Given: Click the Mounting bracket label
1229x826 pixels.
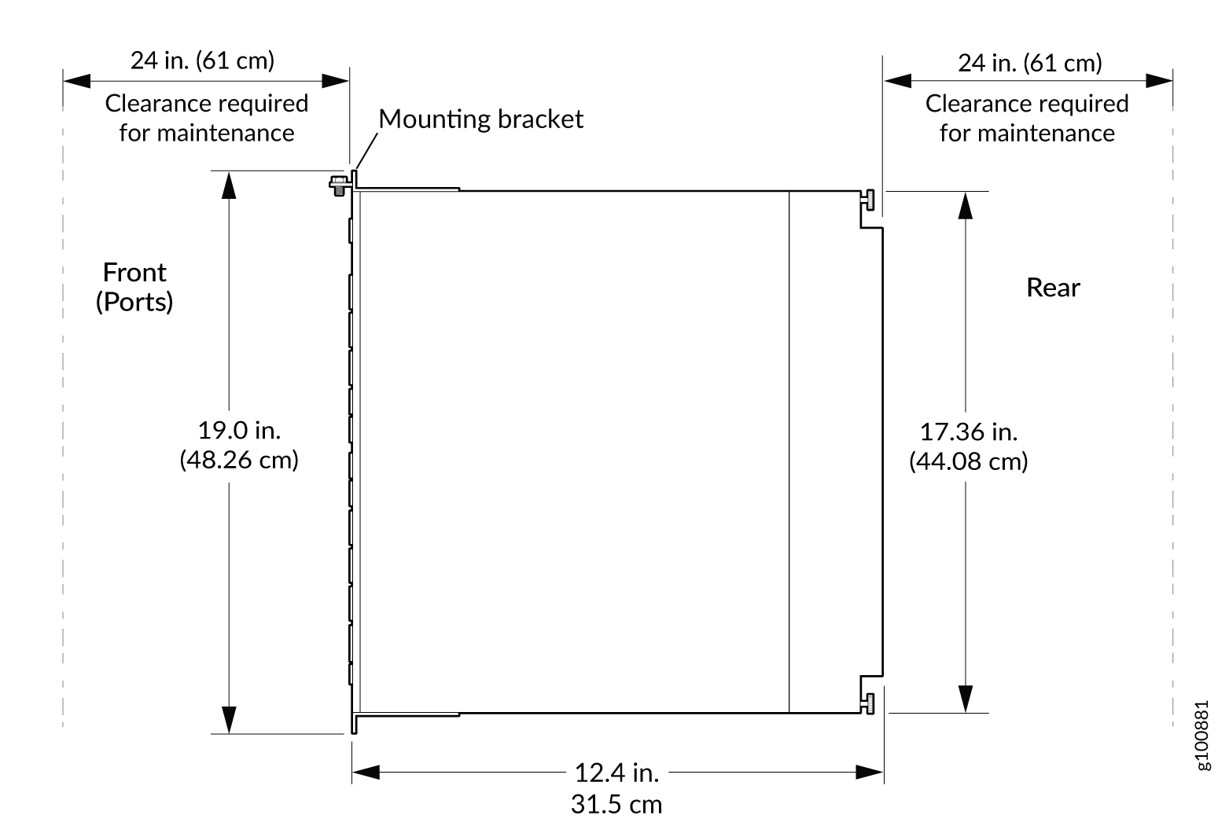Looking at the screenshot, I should tap(480, 119).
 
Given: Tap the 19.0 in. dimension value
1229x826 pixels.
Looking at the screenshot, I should tap(239, 430).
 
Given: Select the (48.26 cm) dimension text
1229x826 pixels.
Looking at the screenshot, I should tap(239, 459).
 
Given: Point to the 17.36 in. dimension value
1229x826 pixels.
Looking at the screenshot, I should tap(968, 431).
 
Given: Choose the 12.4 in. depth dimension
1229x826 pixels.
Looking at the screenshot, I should tap(616, 773).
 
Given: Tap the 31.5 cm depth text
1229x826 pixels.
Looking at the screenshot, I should tap(616, 804).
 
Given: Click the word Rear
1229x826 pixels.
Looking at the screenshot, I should tap(1053, 288).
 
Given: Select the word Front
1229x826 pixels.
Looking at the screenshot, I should tap(134, 273).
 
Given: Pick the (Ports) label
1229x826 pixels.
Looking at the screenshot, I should tap(134, 302).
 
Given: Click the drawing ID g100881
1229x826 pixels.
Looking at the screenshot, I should tap(1203, 736).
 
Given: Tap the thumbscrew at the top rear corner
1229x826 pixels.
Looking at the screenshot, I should tap(869, 200).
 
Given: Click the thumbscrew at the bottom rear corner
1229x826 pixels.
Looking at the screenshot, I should tap(869, 704).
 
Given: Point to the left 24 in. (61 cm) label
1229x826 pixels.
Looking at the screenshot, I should tap(202, 61).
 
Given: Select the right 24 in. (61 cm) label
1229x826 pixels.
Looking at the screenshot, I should tap(1029, 63).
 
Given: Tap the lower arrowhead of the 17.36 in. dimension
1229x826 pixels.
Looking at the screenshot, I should tap(966, 699).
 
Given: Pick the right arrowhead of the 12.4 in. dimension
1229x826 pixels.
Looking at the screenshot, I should tap(870, 773).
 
